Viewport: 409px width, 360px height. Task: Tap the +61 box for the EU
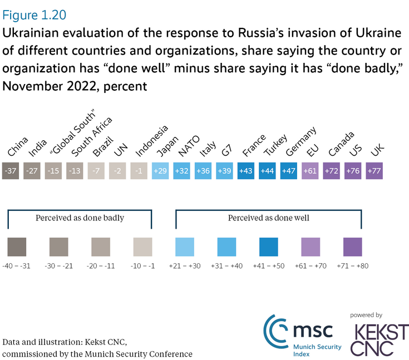(311, 170)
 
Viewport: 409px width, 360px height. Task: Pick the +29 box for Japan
(161, 170)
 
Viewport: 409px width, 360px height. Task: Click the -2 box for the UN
(118, 170)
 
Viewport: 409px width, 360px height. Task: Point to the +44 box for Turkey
(268, 170)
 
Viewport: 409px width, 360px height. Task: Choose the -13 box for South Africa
(75, 170)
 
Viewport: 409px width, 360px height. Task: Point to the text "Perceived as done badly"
(80, 218)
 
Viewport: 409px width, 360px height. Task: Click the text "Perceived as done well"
(269, 218)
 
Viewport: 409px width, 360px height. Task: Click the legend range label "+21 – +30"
(185, 267)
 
